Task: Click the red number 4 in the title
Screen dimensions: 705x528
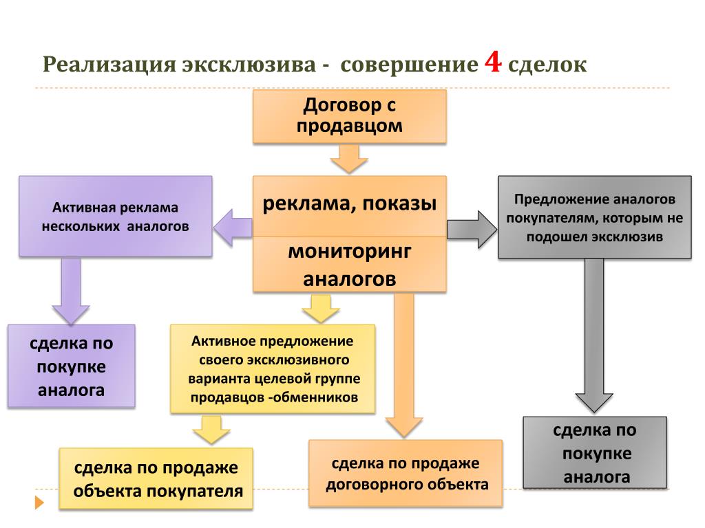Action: point(493,62)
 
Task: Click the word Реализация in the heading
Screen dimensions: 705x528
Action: point(109,64)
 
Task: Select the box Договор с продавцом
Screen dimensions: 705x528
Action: point(349,116)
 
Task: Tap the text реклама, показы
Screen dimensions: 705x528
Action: point(349,203)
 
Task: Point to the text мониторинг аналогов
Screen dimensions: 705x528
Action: point(349,265)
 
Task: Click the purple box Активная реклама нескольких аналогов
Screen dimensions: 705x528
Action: point(116,217)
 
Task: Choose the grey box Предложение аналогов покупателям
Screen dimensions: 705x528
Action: point(594,217)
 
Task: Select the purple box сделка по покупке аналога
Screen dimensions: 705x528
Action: point(72,366)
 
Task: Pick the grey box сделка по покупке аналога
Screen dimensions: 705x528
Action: point(595,452)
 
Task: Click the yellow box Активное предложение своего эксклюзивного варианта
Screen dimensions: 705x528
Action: point(273,368)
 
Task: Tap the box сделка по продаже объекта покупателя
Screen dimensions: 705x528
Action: point(156,478)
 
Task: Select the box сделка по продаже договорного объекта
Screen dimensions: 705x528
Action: point(406,474)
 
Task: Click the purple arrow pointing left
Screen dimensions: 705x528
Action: point(233,228)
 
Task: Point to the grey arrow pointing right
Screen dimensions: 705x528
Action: point(472,230)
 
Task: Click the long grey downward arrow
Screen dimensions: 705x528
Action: point(594,335)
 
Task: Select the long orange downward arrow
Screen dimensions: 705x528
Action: point(404,364)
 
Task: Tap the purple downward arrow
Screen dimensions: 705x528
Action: point(71,291)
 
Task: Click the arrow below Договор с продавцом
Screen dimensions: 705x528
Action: point(349,159)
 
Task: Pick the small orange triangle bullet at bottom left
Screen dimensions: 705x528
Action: point(39,503)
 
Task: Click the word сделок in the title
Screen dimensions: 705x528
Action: point(547,64)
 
